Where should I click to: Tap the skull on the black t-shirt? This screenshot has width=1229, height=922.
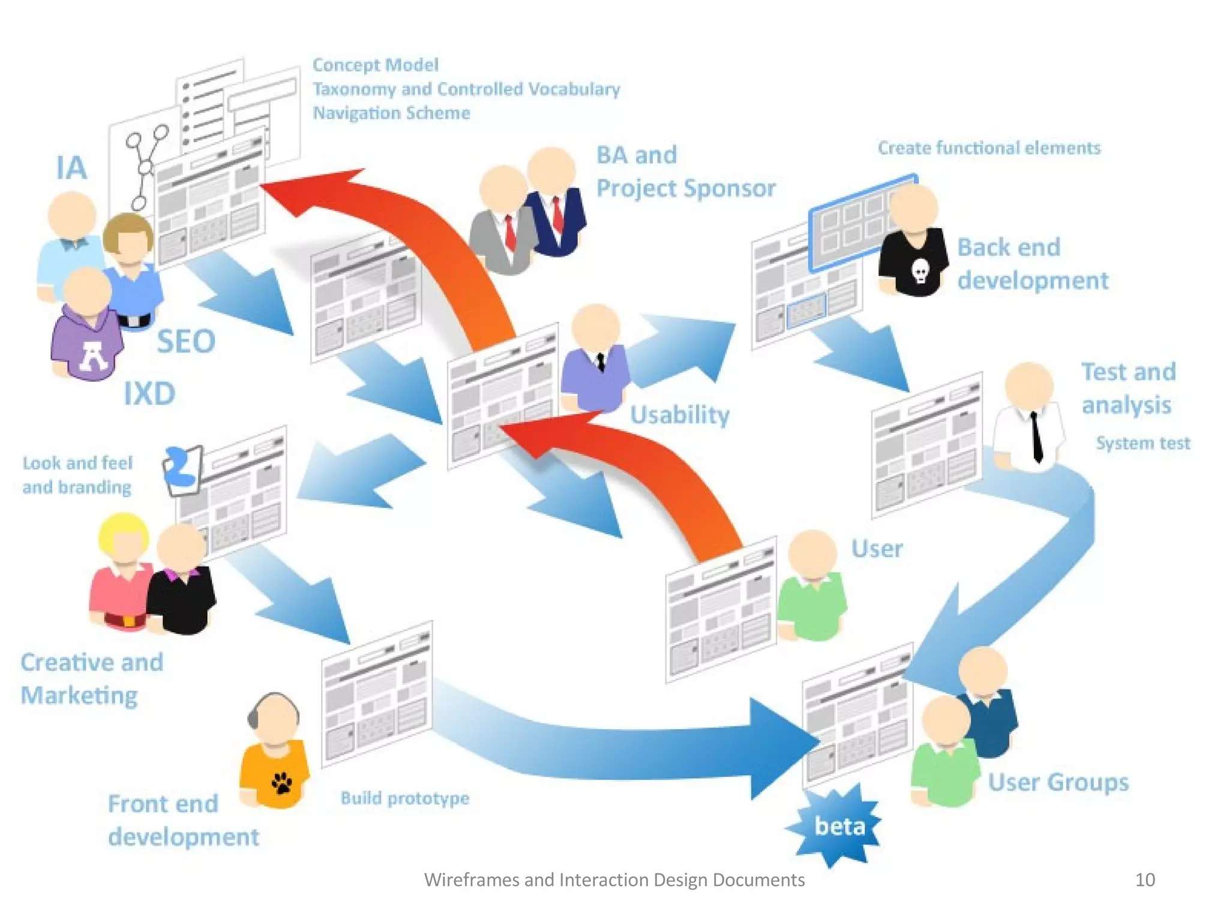(x=920, y=272)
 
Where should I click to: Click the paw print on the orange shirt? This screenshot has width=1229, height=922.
(x=281, y=782)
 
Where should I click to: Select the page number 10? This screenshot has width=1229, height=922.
(x=1144, y=879)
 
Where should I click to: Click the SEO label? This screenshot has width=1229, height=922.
(x=186, y=342)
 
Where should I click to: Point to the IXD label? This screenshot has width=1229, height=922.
(x=149, y=394)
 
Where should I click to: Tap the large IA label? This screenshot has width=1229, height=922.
(x=71, y=167)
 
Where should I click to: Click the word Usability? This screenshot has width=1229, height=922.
(x=679, y=415)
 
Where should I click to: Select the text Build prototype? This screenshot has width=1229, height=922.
(x=405, y=798)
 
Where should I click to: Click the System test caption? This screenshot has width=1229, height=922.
(x=1143, y=443)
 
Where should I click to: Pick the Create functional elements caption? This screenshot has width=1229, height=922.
(x=989, y=148)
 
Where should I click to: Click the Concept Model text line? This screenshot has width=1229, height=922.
(x=375, y=65)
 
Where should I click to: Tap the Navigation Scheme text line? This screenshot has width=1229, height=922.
(x=391, y=113)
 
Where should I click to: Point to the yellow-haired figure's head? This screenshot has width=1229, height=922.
(x=124, y=537)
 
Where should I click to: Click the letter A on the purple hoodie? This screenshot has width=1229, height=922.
(x=94, y=355)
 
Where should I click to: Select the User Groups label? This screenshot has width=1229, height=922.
(x=1058, y=782)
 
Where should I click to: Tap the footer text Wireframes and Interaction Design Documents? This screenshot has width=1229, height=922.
(x=614, y=879)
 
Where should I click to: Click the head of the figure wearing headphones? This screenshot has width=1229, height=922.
(x=274, y=717)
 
